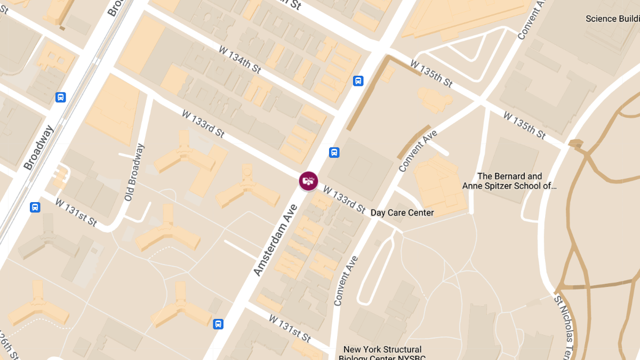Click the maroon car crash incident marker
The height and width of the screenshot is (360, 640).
click(x=308, y=181)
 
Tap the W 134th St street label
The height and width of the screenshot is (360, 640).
click(x=239, y=60)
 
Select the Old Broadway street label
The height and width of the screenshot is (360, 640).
click(x=135, y=172)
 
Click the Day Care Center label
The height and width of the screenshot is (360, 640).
click(x=402, y=213)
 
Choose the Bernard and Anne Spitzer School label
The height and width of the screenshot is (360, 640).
click(x=509, y=181)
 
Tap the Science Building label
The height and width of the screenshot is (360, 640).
click(x=612, y=19)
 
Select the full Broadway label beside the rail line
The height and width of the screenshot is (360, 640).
click(x=38, y=148)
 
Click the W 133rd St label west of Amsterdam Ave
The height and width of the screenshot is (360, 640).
click(x=203, y=124)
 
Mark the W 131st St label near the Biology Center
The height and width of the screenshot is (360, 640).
click(x=290, y=328)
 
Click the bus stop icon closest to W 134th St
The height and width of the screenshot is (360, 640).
click(x=358, y=81)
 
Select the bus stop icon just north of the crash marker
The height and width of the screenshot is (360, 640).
click(x=334, y=153)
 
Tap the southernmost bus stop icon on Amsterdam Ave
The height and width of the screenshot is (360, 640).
click(x=218, y=324)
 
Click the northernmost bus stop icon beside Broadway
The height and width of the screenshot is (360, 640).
click(x=61, y=98)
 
